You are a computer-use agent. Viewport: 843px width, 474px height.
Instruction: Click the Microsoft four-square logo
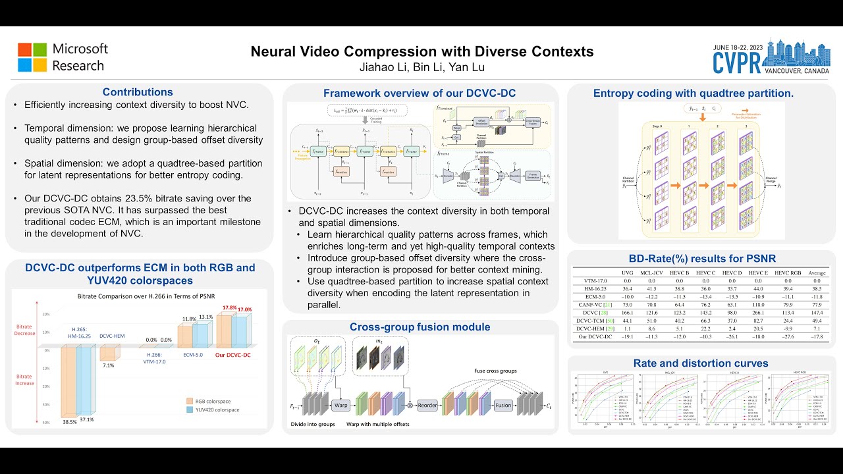(x=32, y=57)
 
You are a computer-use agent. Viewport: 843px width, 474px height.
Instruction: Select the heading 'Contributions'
(x=138, y=92)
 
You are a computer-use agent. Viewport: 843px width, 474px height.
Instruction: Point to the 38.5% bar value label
(x=69, y=421)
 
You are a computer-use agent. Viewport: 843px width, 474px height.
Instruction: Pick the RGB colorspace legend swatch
(x=188, y=400)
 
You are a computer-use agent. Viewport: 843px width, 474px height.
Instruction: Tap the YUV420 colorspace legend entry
(x=213, y=409)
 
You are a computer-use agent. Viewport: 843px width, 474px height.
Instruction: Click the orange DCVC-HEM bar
(x=107, y=354)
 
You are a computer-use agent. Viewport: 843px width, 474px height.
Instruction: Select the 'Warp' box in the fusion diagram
(x=340, y=404)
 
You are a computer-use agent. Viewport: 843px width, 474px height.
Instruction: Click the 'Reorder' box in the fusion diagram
(x=427, y=405)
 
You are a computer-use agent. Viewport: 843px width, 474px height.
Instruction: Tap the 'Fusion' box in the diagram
(x=504, y=405)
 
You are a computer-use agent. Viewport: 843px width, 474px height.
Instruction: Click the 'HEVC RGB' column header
(x=786, y=273)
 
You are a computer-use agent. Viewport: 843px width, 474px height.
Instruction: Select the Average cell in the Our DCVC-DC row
(x=816, y=337)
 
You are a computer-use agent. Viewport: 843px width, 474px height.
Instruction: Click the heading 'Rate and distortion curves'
(x=701, y=363)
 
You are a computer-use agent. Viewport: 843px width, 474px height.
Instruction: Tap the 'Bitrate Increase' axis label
(x=24, y=379)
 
